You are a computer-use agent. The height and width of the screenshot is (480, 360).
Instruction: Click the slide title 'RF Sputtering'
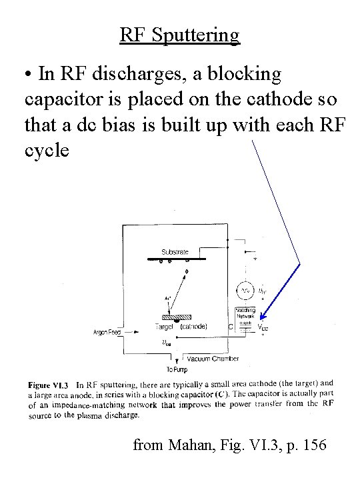[179, 34]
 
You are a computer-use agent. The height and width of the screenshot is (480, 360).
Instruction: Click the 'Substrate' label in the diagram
[175, 251]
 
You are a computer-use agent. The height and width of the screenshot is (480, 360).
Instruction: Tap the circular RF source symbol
[245, 291]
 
